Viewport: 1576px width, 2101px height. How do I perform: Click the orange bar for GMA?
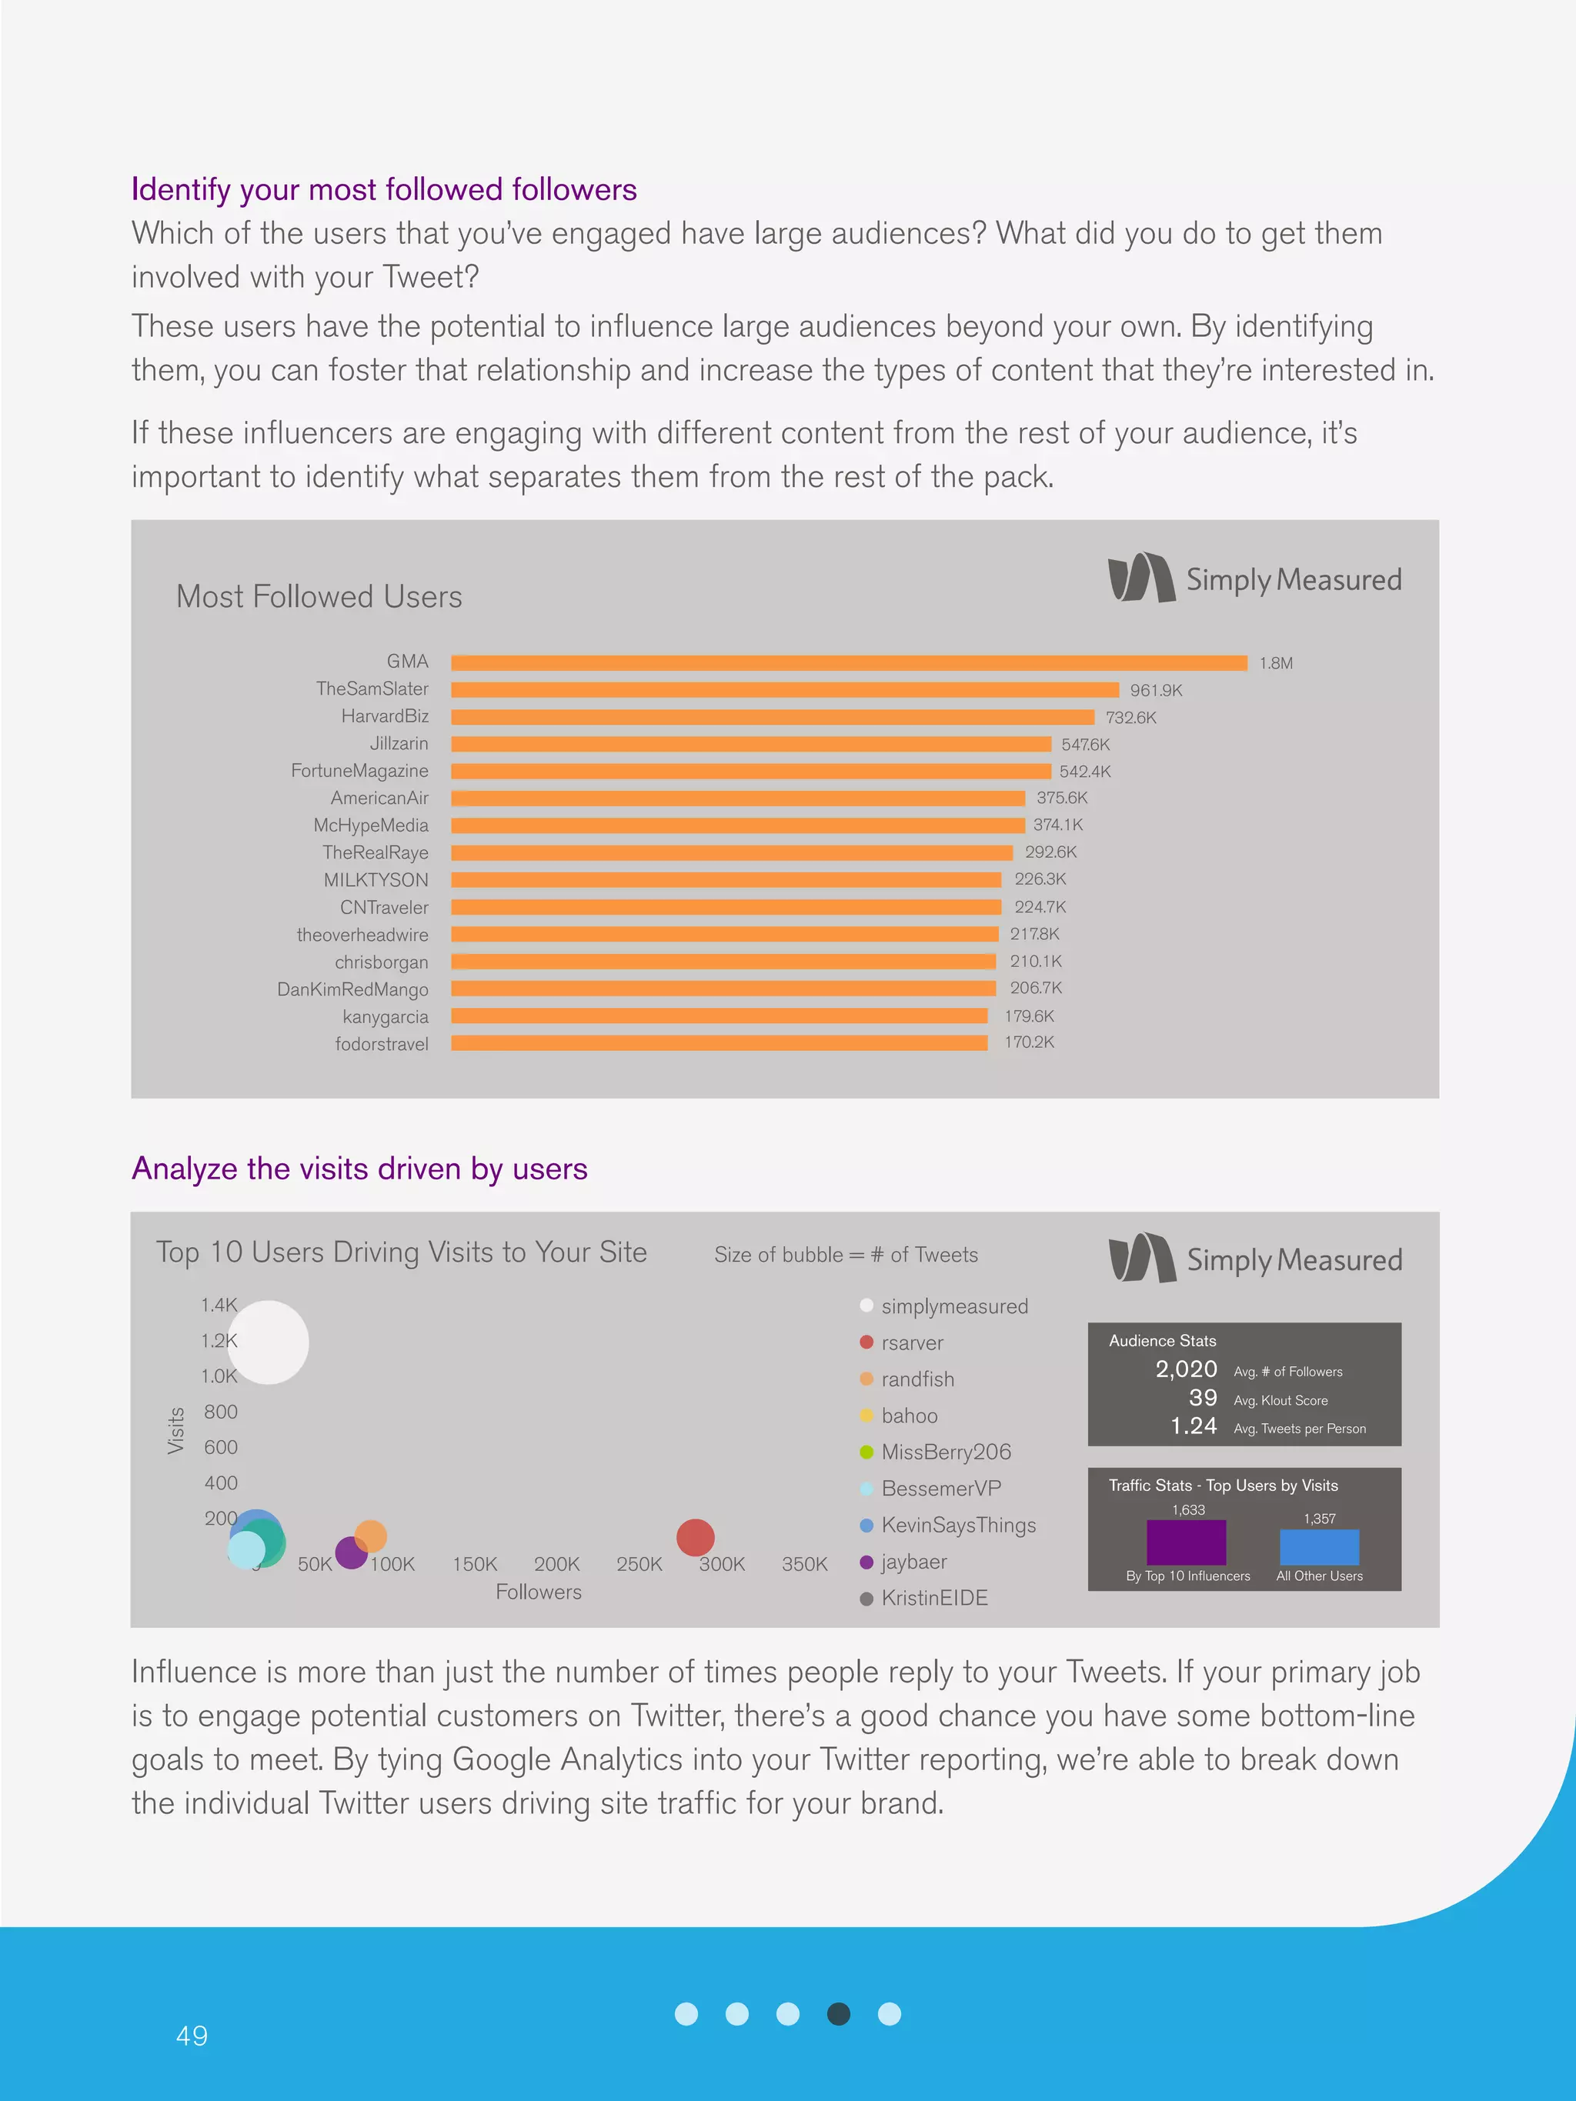pyautogui.click(x=848, y=663)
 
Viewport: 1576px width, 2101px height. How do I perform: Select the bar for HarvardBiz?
pyautogui.click(x=771, y=717)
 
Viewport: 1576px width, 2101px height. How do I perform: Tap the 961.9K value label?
pyautogui.click(x=1155, y=691)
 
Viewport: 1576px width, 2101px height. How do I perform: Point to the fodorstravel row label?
pyautogui.click(x=381, y=1044)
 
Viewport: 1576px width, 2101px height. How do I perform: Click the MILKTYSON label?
pyautogui.click(x=376, y=879)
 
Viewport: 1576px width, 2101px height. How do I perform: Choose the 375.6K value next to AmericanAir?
pyautogui.click(x=1061, y=798)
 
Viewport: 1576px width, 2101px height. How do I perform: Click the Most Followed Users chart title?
pyautogui.click(x=319, y=596)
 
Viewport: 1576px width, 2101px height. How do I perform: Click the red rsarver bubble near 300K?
pyautogui.click(x=696, y=1537)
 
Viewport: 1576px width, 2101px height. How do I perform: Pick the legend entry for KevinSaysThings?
pyautogui.click(x=957, y=1526)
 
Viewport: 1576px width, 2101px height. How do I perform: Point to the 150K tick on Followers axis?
pyautogui.click(x=474, y=1564)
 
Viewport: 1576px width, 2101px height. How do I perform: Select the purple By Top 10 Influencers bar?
pyautogui.click(x=1186, y=1542)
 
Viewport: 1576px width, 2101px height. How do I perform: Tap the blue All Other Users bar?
pyautogui.click(x=1318, y=1547)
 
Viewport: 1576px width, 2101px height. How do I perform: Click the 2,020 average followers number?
pyautogui.click(x=1186, y=1369)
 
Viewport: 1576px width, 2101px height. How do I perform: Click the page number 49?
pyautogui.click(x=192, y=2036)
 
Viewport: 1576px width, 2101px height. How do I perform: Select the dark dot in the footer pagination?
pyautogui.click(x=839, y=2013)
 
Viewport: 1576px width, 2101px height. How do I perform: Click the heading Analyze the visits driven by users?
pyautogui.click(x=359, y=1169)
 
